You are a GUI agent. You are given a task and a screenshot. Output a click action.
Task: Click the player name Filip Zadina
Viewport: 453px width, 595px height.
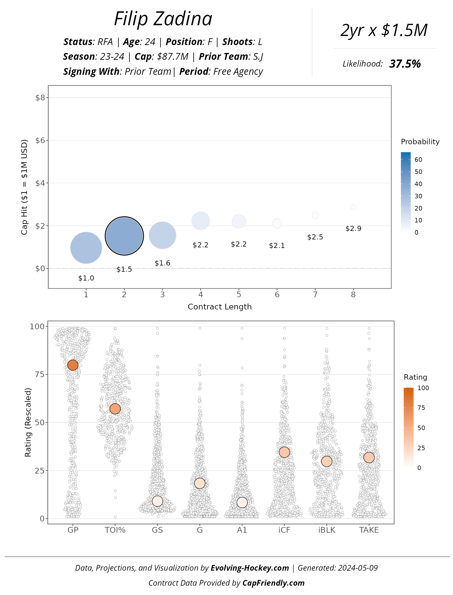click(163, 19)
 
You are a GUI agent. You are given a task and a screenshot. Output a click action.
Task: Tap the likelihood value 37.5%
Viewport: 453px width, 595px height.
click(405, 64)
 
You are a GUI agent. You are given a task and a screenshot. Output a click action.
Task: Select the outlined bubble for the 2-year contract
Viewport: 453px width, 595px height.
click(124, 236)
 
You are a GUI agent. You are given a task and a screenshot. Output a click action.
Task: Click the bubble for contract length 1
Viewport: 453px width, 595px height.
click(86, 248)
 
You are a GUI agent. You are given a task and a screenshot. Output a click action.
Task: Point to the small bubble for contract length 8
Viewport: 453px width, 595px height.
click(353, 207)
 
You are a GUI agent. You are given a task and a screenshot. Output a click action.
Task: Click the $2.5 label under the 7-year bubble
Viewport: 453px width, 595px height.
click(315, 237)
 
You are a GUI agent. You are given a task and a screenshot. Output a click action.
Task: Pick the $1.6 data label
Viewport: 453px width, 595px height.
click(163, 263)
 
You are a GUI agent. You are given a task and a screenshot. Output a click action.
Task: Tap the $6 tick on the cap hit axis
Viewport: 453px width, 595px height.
click(40, 140)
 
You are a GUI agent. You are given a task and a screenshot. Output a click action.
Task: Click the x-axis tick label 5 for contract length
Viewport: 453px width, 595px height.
click(239, 295)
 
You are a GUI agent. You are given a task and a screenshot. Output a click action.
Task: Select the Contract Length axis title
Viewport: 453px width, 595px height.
click(220, 307)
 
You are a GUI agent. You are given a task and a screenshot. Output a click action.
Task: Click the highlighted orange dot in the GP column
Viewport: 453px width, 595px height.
click(73, 365)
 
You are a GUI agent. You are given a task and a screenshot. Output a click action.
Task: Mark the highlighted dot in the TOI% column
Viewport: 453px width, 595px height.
click(115, 409)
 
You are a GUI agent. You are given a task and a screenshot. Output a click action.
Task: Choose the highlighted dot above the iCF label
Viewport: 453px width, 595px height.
click(284, 452)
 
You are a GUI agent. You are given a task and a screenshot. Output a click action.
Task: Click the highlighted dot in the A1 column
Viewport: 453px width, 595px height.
click(242, 503)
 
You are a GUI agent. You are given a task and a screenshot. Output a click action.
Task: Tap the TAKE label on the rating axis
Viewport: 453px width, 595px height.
click(369, 530)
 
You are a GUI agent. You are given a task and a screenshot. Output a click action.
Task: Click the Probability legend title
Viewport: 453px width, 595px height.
click(420, 142)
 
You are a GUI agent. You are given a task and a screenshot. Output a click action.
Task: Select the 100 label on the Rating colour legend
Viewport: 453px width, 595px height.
click(423, 388)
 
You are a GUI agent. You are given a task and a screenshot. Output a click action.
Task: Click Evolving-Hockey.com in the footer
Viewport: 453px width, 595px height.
click(250, 568)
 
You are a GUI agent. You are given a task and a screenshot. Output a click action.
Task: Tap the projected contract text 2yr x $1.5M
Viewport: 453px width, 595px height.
click(384, 31)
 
